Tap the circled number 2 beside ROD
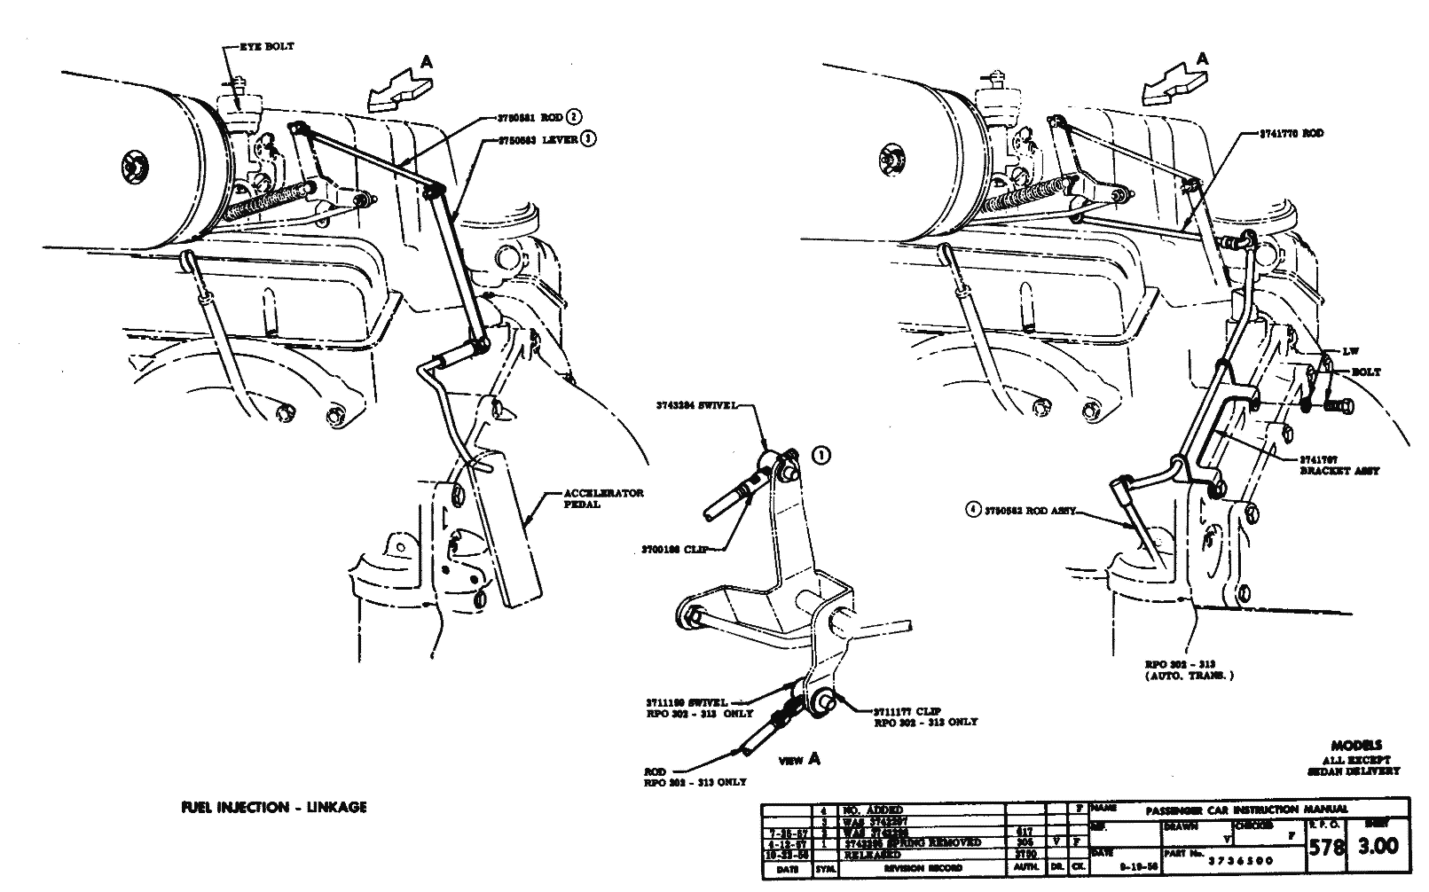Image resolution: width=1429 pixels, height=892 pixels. pyautogui.click(x=576, y=116)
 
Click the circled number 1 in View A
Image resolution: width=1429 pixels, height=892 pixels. pyautogui.click(x=821, y=456)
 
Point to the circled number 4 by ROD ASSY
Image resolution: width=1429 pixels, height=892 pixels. pyautogui.click(x=974, y=510)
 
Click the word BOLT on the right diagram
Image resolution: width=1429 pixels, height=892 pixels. pyautogui.click(x=1365, y=372)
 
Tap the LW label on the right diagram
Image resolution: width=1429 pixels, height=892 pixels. pyautogui.click(x=1352, y=352)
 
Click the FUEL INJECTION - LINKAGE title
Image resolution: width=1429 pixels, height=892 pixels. pyautogui.click(x=272, y=808)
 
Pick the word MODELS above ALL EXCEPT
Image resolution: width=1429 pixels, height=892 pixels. pyautogui.click(x=1356, y=746)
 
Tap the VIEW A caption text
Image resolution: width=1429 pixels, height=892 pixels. pyautogui.click(x=799, y=759)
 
